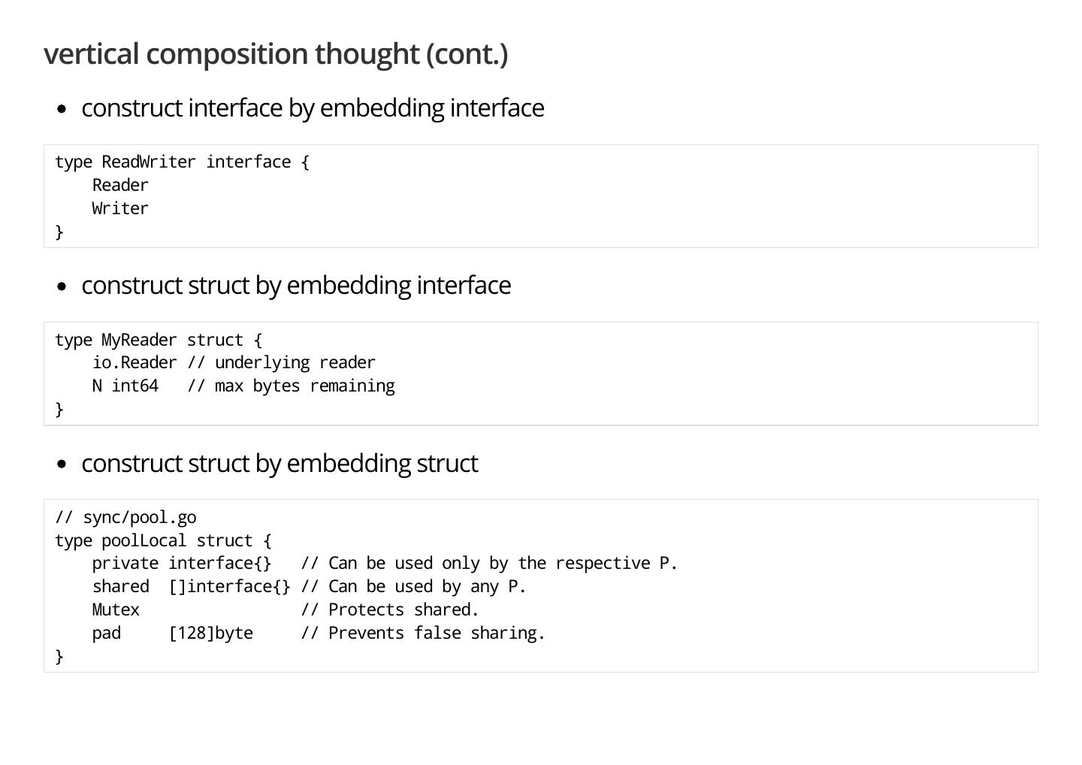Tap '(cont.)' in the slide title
pos(467,54)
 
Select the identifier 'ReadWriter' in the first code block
pos(149,162)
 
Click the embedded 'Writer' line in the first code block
pos(120,209)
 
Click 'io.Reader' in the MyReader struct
pos(134,363)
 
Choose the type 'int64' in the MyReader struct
pos(135,386)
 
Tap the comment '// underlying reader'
pos(281,363)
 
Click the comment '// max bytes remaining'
pos(291,386)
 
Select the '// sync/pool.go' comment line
pos(125,518)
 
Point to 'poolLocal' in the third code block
pos(144,541)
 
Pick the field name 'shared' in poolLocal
pos(120,587)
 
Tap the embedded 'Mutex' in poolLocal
pos(116,610)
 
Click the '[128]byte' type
pos(211,633)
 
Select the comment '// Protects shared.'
pos(390,610)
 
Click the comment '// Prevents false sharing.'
pos(423,633)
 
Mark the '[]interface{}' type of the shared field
pos(229,587)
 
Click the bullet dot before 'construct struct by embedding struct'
pos(62,464)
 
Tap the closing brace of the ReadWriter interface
pos(59,232)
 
